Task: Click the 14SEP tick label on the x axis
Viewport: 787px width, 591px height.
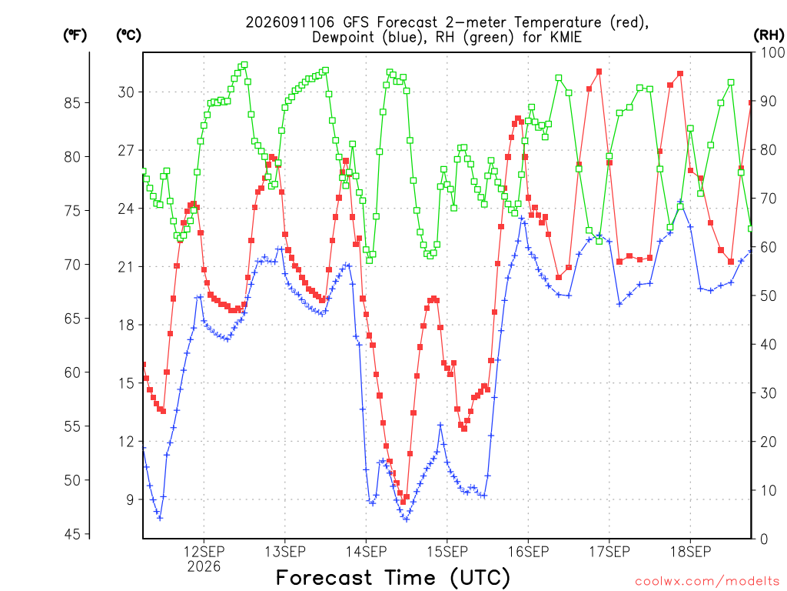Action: tap(366, 552)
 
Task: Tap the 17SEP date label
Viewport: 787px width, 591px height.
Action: tap(609, 552)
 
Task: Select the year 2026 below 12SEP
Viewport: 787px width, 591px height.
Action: tap(204, 567)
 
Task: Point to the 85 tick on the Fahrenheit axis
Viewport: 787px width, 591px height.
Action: tap(72, 102)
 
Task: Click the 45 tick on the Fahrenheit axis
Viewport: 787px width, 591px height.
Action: tap(72, 534)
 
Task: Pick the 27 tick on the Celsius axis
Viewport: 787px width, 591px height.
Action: tap(126, 150)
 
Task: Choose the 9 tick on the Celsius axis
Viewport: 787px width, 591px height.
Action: tap(130, 499)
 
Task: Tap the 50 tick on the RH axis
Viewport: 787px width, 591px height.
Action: tap(769, 295)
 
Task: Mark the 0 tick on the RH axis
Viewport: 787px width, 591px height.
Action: tap(765, 539)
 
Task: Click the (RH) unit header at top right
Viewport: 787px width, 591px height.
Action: tap(769, 35)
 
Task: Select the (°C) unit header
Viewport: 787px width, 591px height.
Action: tap(128, 35)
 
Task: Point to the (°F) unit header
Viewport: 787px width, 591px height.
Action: tap(75, 35)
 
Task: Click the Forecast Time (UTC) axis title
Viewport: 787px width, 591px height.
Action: tap(393, 578)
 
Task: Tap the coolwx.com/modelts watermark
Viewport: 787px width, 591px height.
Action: tap(707, 582)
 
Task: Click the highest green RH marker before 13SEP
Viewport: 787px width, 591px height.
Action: tap(244, 65)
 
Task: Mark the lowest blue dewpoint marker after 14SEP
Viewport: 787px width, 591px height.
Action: tap(406, 519)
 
